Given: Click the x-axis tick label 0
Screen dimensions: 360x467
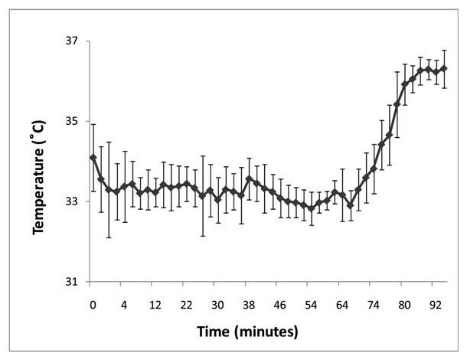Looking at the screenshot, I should (x=93, y=304).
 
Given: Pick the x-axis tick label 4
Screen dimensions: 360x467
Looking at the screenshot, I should (x=124, y=304).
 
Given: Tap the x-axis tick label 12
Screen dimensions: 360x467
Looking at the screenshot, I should (x=155, y=304).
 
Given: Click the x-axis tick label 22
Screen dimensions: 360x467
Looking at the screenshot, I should (x=186, y=304).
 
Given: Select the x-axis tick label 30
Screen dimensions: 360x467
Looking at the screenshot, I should (x=217, y=304).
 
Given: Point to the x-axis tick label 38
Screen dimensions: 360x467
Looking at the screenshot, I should (x=249, y=304).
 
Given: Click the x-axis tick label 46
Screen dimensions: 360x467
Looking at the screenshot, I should (x=279, y=304).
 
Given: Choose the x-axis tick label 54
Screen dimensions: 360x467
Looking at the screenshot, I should (x=311, y=304).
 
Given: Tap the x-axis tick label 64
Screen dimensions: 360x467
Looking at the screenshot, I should (x=342, y=304).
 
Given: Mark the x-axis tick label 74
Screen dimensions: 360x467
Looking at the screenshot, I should (x=373, y=304).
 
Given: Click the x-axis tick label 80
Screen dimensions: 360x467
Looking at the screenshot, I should (x=404, y=304).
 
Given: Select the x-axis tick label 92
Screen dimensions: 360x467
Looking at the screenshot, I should (x=436, y=304).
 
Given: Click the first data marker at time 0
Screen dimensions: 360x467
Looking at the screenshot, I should (x=93, y=158).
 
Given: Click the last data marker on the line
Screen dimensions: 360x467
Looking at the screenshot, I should (x=444, y=69).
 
